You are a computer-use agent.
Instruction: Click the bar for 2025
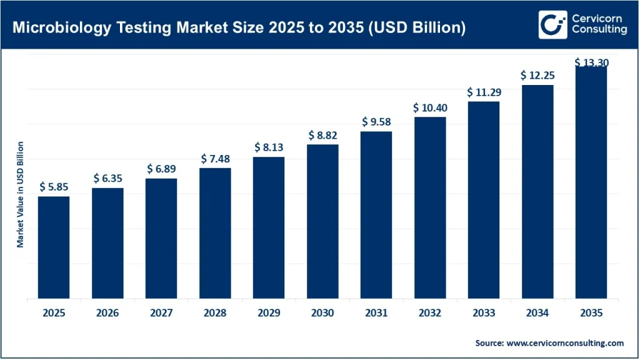(54, 247)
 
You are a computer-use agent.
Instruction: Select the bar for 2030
(322, 221)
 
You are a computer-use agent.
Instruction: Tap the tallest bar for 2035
(591, 182)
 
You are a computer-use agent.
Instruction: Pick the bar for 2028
(215, 233)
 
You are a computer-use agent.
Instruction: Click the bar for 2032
(430, 207)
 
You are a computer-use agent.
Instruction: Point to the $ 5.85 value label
(54, 187)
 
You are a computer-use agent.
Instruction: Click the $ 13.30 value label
(591, 62)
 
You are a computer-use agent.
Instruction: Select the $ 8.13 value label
(269, 147)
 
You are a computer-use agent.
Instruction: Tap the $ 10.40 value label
(430, 107)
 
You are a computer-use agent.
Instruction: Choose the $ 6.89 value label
(161, 169)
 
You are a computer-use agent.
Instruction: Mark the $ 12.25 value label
(537, 75)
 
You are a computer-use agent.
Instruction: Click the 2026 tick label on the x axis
(107, 313)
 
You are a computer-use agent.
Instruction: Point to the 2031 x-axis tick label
(376, 313)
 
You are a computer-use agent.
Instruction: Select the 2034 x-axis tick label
(537, 313)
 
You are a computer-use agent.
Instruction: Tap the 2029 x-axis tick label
(269, 313)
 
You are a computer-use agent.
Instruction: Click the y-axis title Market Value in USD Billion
(20, 194)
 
